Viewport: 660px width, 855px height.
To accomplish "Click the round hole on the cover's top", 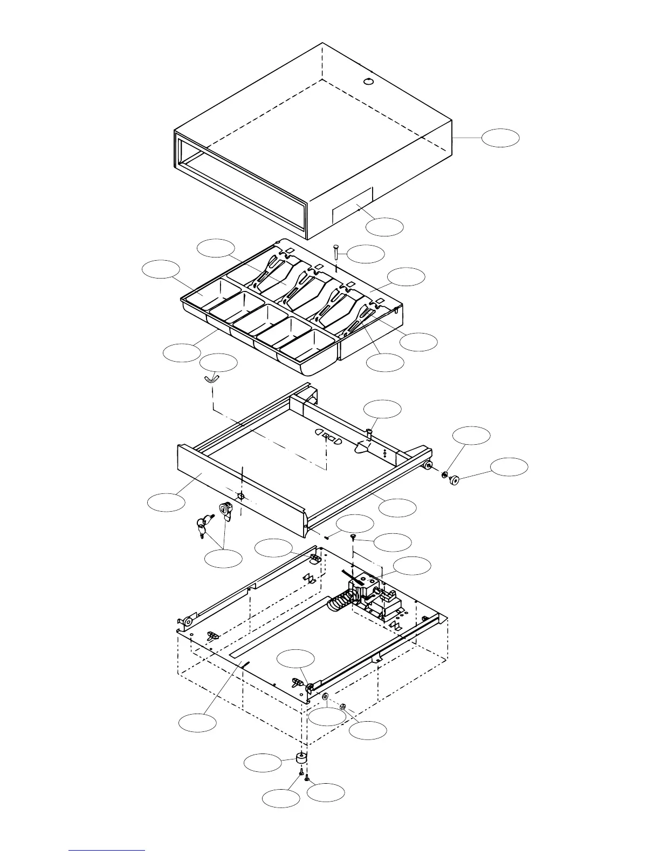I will tap(369, 82).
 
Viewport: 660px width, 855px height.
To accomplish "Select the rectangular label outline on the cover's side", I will tap(352, 205).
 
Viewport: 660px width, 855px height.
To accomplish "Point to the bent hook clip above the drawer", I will tap(211, 378).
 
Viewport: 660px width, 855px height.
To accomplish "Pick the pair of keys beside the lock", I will tap(202, 526).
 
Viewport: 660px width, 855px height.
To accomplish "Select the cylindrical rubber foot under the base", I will tap(302, 758).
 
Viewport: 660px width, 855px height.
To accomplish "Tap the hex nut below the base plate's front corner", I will tap(342, 705).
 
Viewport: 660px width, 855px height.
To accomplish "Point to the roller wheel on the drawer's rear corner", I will tap(429, 465).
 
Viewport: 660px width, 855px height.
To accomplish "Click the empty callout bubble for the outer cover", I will tap(500, 138).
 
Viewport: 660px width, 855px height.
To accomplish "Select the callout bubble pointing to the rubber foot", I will tap(263, 764).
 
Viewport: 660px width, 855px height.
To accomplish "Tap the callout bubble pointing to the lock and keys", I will tap(223, 558).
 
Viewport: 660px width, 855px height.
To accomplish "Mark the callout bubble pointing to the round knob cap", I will tap(509, 467).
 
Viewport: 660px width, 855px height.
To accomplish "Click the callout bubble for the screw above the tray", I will tap(366, 254).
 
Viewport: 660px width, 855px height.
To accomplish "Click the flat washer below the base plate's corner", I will tap(326, 698).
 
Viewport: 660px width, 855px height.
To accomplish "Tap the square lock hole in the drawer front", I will tap(241, 496).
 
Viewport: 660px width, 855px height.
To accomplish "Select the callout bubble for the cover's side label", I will tap(384, 227).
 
